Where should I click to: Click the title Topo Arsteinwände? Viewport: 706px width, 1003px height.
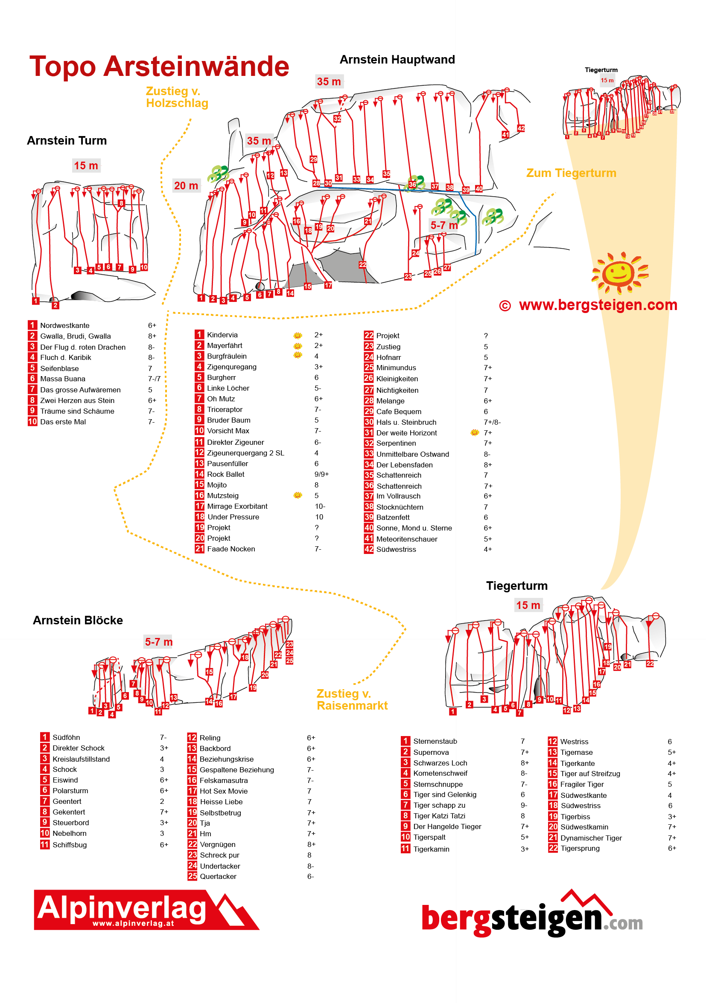pos(159,67)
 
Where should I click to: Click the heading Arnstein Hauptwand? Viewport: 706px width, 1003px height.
pos(397,59)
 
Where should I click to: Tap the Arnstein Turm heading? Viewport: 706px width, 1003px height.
pos(67,141)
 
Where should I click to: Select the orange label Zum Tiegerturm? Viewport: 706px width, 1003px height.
pos(571,173)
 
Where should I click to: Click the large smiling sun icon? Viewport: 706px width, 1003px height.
pos(619,273)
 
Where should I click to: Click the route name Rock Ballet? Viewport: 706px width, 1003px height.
pos(225,474)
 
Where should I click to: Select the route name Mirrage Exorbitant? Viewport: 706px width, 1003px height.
pos(237,506)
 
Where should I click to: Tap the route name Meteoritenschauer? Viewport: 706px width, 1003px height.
pos(406,539)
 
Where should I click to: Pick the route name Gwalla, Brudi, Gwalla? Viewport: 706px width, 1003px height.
pos(75,336)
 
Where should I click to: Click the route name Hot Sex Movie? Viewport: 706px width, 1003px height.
pos(223,791)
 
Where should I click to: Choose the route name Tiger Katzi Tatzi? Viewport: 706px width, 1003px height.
pos(439,816)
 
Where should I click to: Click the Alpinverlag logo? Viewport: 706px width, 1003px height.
pos(146,910)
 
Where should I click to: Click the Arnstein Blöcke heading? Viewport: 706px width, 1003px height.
pos(78,620)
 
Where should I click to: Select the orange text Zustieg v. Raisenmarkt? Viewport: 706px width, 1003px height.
pos(352,699)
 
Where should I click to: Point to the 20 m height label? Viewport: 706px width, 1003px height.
pos(186,186)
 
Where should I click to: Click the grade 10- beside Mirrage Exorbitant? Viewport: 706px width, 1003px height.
pos(320,506)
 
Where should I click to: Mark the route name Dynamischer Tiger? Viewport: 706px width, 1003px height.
pos(591,838)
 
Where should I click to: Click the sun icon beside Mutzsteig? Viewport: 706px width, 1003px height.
pos(298,496)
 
